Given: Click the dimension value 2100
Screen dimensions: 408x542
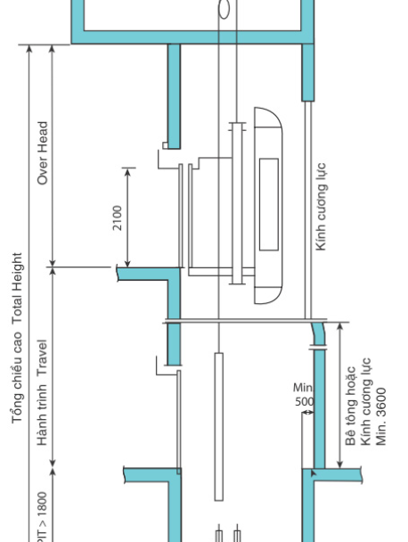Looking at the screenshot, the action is [x=118, y=218].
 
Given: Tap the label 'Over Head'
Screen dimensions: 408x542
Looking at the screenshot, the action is [x=43, y=152].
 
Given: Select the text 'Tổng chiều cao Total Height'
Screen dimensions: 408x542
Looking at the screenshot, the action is [x=17, y=338].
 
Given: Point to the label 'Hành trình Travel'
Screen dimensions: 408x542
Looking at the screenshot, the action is [x=42, y=392].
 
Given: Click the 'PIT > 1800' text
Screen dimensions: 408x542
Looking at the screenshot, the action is [x=42, y=517].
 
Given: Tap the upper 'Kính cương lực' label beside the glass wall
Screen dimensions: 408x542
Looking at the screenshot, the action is [x=321, y=206].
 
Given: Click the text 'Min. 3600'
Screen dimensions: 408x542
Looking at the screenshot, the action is [x=380, y=416].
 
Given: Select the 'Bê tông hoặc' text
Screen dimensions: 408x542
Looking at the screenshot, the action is [x=351, y=406].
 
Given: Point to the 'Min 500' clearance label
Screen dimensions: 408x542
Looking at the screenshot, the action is [x=304, y=394].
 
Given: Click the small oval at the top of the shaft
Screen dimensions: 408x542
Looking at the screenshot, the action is [x=224, y=9].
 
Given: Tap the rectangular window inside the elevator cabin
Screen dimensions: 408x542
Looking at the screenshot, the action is [x=269, y=204].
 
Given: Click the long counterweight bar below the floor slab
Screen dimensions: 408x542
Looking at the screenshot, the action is [x=218, y=426].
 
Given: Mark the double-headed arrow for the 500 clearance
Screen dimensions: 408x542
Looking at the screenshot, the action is [x=308, y=412].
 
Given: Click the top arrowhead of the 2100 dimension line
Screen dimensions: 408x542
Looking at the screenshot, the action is [x=127, y=171].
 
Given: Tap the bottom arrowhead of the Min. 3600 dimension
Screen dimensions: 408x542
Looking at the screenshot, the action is [x=340, y=464].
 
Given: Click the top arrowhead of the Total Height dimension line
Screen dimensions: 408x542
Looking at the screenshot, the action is [x=29, y=49].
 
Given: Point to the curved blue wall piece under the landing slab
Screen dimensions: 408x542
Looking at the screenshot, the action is [x=319, y=333].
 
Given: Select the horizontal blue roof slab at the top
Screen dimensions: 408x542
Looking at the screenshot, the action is [x=192, y=37].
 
